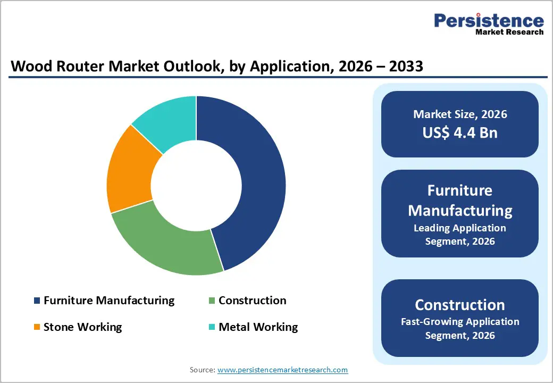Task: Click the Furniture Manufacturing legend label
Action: tap(108, 301)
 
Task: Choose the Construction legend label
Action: tap(252, 301)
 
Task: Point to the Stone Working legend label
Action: tap(82, 327)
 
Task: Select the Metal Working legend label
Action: tap(258, 327)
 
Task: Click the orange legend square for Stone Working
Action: tap(37, 327)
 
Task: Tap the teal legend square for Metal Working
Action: tap(212, 327)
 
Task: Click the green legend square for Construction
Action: tap(212, 301)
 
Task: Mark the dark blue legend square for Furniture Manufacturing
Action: tap(37, 301)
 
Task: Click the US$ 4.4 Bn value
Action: tap(460, 132)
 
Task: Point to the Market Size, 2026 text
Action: tap(460, 114)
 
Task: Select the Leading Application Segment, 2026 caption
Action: tap(460, 235)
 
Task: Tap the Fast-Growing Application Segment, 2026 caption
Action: tap(460, 328)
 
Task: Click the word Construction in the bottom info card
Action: tap(460, 305)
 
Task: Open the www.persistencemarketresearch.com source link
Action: tap(282, 370)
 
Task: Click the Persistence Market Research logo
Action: tap(489, 24)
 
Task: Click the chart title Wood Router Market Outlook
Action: tap(217, 66)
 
